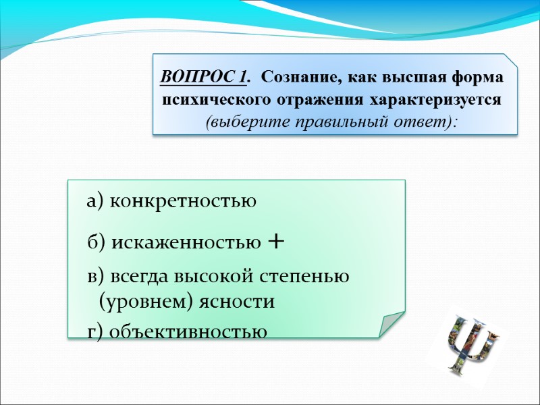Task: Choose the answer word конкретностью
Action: [182, 200]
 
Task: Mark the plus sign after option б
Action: [275, 241]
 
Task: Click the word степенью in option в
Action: [310, 276]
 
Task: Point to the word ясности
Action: [236, 301]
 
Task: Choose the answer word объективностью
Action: [188, 331]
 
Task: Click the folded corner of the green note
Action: [391, 323]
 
